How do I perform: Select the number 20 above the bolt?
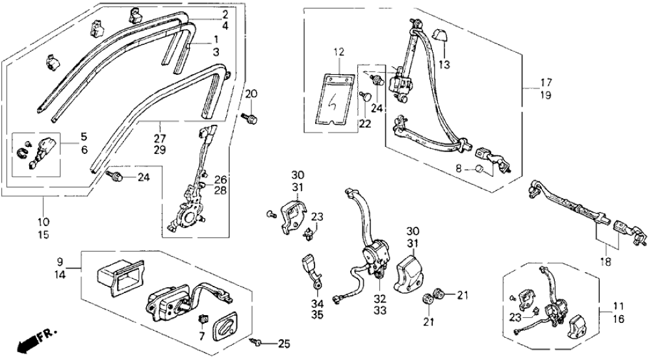click(x=251, y=95)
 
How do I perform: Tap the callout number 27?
click(x=159, y=138)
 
